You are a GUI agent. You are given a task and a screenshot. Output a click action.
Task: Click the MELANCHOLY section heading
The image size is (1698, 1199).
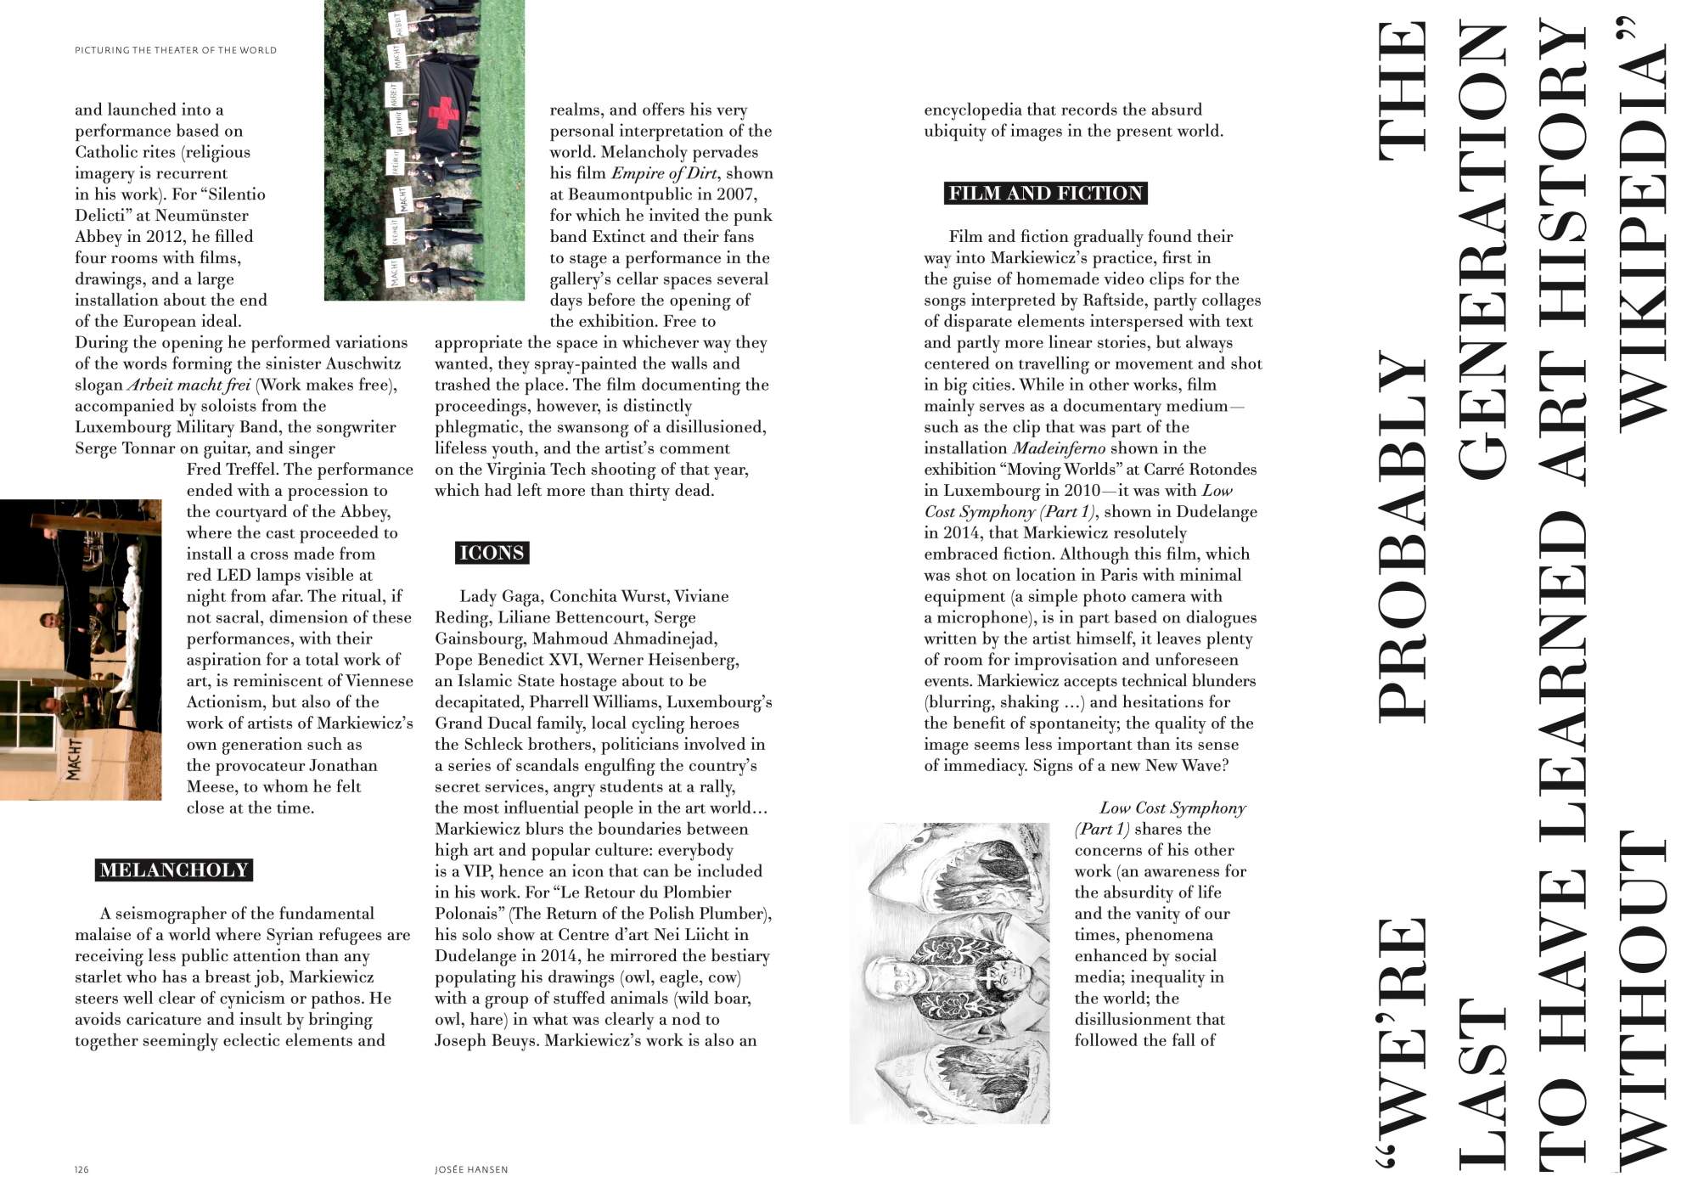pos(174,870)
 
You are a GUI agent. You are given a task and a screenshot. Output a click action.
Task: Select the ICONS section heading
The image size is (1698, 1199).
pos(492,554)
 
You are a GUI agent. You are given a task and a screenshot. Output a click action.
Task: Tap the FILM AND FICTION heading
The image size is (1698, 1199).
pos(1045,194)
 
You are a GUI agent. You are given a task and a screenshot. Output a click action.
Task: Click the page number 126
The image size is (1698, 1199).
pos(82,1170)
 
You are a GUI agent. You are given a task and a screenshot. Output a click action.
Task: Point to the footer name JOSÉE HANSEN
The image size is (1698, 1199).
pos(471,1170)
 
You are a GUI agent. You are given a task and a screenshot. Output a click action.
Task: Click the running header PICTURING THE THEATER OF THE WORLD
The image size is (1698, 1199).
pos(176,50)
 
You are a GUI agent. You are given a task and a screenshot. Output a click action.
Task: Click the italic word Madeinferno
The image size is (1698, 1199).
pos(1059,448)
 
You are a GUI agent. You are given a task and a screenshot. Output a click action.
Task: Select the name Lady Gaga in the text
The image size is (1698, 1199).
pos(499,596)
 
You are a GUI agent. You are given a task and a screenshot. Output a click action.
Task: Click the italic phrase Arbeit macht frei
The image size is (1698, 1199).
pos(188,385)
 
